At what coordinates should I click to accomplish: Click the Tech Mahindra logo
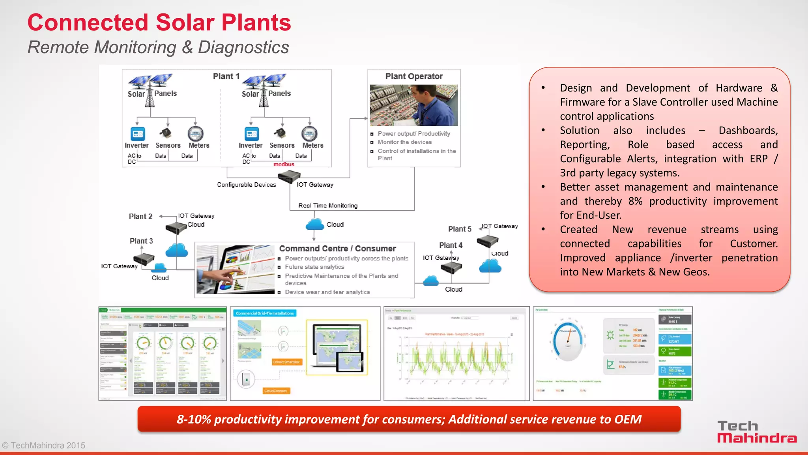756,432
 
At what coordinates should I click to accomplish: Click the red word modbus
284,164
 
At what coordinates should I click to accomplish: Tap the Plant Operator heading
414,76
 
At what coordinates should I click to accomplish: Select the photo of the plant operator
414,105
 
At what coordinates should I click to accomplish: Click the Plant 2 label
140,216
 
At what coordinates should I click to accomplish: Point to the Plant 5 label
460,229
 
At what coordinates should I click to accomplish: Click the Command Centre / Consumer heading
337,249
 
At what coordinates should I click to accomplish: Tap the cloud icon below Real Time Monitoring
315,225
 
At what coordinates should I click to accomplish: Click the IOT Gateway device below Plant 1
289,177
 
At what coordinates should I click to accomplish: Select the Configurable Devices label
246,185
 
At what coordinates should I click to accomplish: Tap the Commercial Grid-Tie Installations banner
265,313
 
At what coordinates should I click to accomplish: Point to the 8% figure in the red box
635,201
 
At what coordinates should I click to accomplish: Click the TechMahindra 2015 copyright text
44,446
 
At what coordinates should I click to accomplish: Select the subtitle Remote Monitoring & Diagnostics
158,47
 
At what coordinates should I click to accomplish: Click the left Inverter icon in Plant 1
138,134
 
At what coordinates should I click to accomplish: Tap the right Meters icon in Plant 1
309,134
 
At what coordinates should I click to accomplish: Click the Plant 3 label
141,241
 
